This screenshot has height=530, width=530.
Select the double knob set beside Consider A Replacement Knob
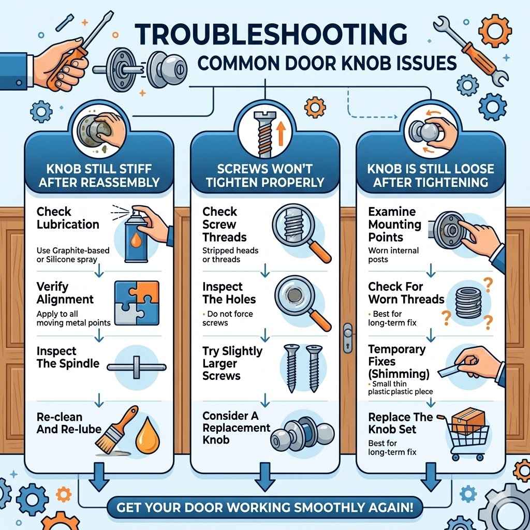(x=300, y=436)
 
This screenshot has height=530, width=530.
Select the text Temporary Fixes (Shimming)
(x=396, y=361)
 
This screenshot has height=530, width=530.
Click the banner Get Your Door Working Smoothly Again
(x=264, y=506)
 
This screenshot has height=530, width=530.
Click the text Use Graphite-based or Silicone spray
(x=72, y=255)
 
